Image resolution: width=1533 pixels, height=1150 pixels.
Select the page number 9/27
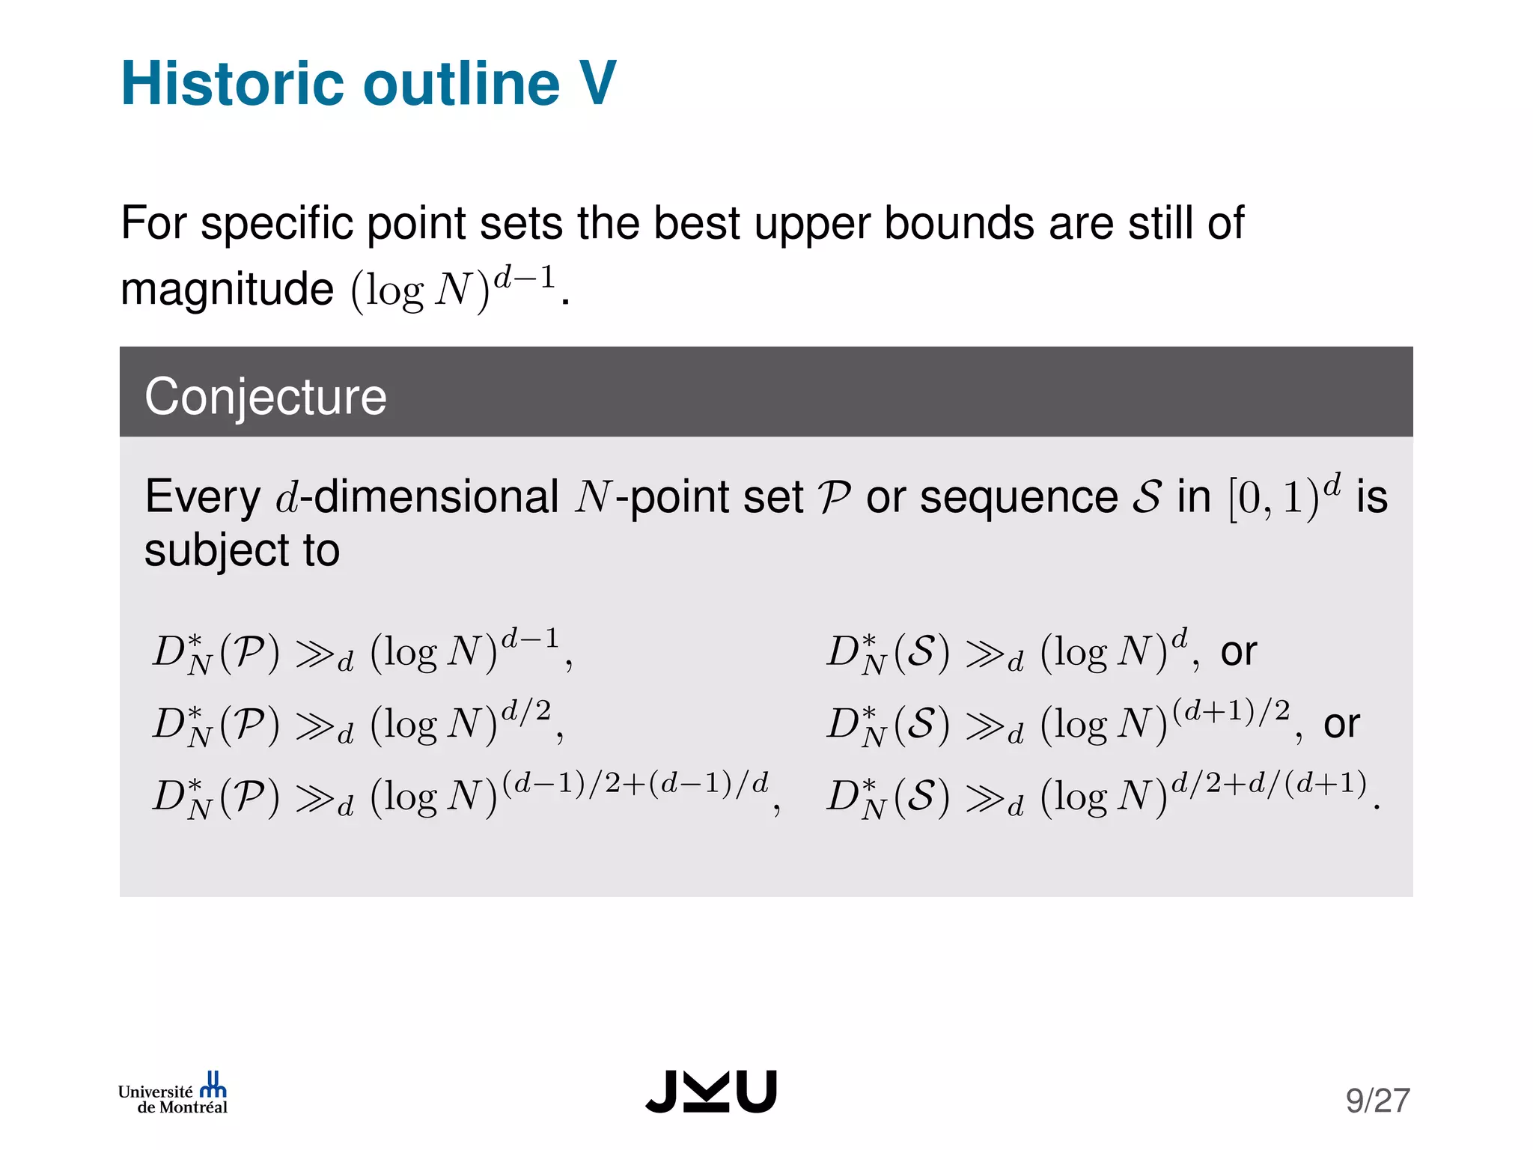coord(1377,1101)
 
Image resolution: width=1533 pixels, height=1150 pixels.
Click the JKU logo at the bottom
coord(711,1092)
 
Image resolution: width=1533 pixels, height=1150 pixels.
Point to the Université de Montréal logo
coord(173,1095)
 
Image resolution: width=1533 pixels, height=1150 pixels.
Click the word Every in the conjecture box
coord(202,497)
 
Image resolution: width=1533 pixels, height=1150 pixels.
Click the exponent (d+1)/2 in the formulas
coord(1231,710)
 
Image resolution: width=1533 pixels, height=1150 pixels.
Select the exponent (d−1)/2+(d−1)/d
coord(636,782)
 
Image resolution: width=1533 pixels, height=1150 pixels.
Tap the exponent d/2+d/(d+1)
coord(1269,782)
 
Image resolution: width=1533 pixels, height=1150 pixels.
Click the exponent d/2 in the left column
coord(526,710)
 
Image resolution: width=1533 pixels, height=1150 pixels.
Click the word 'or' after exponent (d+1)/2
coord(1341,724)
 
